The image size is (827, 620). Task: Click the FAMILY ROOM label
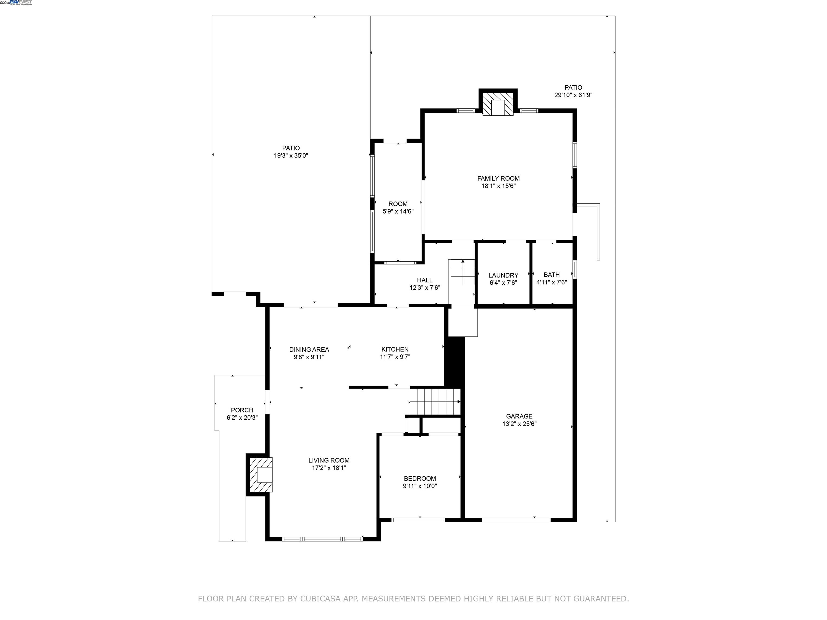click(x=498, y=179)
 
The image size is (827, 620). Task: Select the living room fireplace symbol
click(x=261, y=475)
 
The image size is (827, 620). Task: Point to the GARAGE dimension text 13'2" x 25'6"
click(x=519, y=424)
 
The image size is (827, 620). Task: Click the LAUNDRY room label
click(x=503, y=276)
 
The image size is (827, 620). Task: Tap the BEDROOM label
click(x=419, y=478)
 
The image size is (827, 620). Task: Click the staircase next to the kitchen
click(x=435, y=402)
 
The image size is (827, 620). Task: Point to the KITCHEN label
click(x=395, y=350)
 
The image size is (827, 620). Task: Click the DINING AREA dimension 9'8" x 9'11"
click(x=309, y=357)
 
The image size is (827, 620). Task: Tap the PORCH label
click(x=242, y=410)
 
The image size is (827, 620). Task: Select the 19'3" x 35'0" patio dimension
click(x=291, y=156)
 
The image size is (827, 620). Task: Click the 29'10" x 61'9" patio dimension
click(x=573, y=95)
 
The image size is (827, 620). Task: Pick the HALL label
click(x=425, y=280)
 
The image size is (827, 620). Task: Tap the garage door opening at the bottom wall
click(x=516, y=519)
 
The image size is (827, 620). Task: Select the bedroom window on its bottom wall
click(x=418, y=519)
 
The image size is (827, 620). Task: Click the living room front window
click(x=322, y=539)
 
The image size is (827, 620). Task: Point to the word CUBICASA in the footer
click(x=320, y=599)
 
